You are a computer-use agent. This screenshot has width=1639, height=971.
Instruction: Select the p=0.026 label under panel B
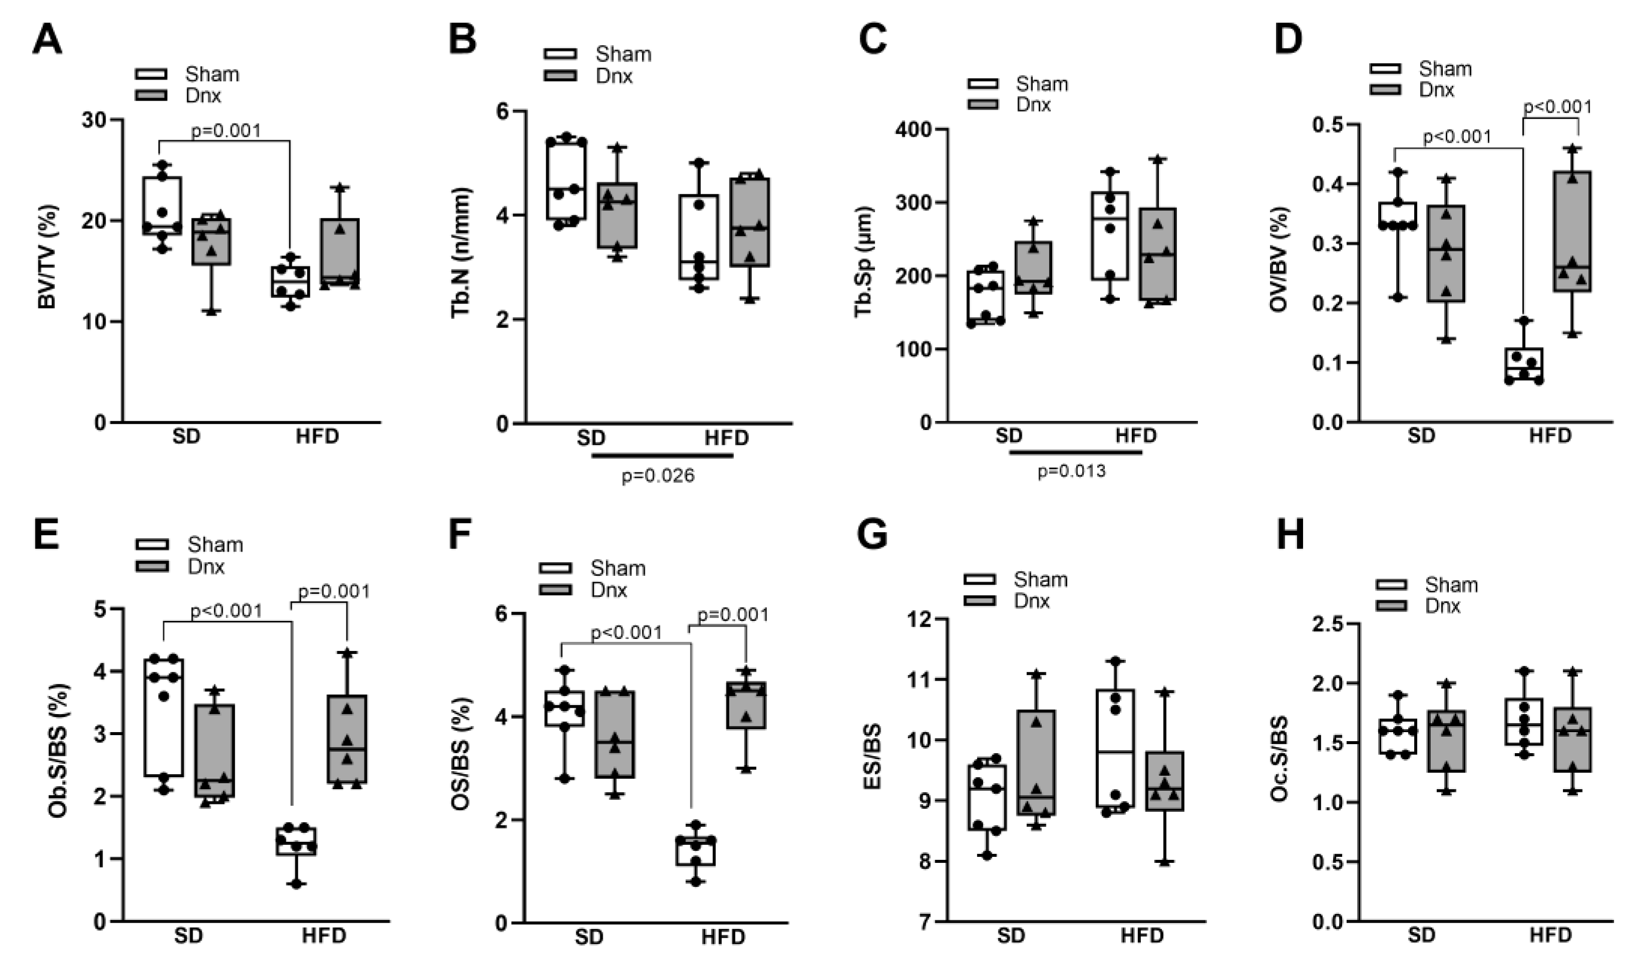click(657, 476)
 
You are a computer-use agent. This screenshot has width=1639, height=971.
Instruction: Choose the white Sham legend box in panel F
click(555, 568)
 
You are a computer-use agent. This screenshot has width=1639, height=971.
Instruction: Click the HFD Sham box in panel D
click(1523, 365)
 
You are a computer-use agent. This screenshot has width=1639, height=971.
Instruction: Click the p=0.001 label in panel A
click(226, 131)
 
